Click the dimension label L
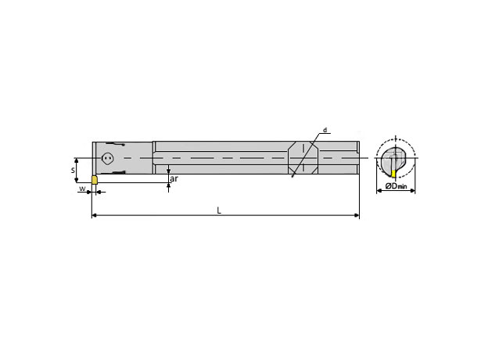219,210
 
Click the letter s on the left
74,168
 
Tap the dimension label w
81,189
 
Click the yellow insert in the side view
95,180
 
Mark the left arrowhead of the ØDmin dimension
379,189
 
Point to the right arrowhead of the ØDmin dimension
413,189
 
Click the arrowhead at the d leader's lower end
292,178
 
